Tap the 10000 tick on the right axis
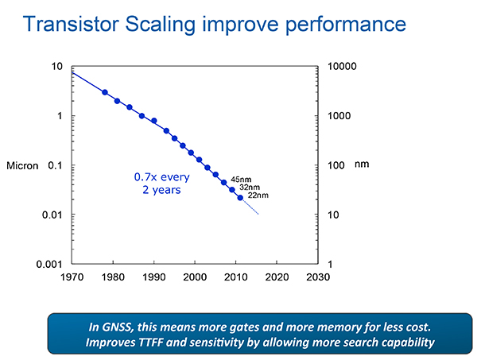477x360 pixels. pyautogui.click(x=343, y=67)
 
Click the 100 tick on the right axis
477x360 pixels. pyautogui.click(x=337, y=165)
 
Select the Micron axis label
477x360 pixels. pyautogui.click(x=29, y=165)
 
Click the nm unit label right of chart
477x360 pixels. pyautogui.click(x=362, y=165)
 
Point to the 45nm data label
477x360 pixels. pyautogui.click(x=241, y=180)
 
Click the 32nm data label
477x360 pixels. pyautogui.click(x=250, y=188)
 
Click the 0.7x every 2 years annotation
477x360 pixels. pyautogui.click(x=159, y=184)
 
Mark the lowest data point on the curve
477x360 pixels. pyautogui.click(x=240, y=197)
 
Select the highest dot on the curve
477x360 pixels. pyautogui.click(x=105, y=92)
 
